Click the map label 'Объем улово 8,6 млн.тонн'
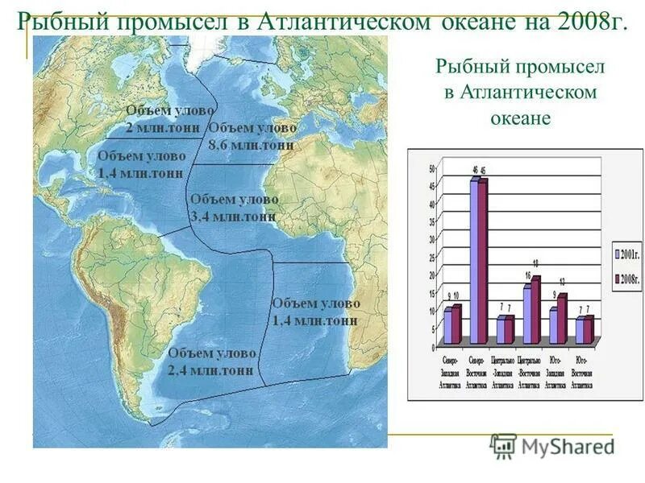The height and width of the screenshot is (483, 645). point(252,137)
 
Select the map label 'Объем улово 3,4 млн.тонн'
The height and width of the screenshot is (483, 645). point(234,208)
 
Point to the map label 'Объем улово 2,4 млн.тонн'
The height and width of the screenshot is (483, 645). point(211,362)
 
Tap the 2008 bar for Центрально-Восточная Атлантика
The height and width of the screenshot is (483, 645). point(535,311)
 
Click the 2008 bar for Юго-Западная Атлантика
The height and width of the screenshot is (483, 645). point(561,319)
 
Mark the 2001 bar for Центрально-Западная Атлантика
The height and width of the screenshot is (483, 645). point(500,331)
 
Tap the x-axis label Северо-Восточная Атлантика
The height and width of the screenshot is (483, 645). point(476,372)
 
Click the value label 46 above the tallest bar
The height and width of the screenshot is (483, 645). point(474,171)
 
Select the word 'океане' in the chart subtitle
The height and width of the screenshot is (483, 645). point(520,118)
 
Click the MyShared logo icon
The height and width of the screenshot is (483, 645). point(503,446)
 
